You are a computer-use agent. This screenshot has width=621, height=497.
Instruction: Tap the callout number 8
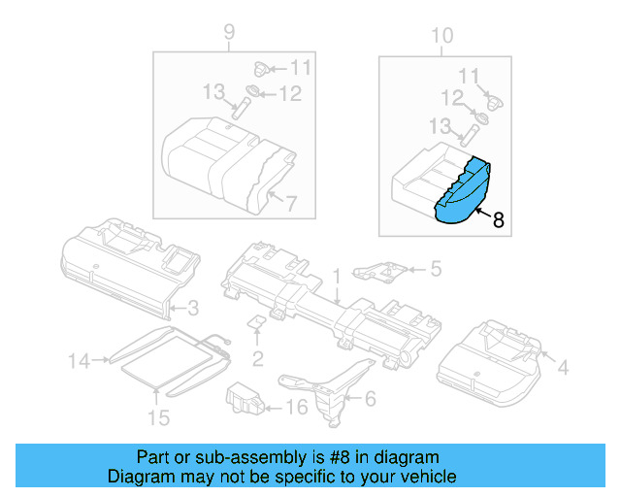[499, 220]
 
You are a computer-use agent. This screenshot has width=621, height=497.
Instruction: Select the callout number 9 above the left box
[230, 34]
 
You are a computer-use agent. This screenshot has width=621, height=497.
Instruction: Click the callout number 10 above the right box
[441, 36]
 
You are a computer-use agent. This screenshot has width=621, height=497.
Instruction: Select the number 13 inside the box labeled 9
[213, 91]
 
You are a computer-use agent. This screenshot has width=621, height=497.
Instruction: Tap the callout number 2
[258, 359]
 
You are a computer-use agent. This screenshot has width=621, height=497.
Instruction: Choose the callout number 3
[192, 309]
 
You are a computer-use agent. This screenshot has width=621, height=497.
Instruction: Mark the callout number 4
[563, 367]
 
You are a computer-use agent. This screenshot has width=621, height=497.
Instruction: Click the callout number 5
[436, 268]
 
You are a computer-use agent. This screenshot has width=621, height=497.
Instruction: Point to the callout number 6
[369, 398]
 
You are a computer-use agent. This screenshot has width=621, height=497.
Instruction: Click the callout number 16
[296, 408]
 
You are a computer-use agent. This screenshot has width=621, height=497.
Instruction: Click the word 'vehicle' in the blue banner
[421, 477]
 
